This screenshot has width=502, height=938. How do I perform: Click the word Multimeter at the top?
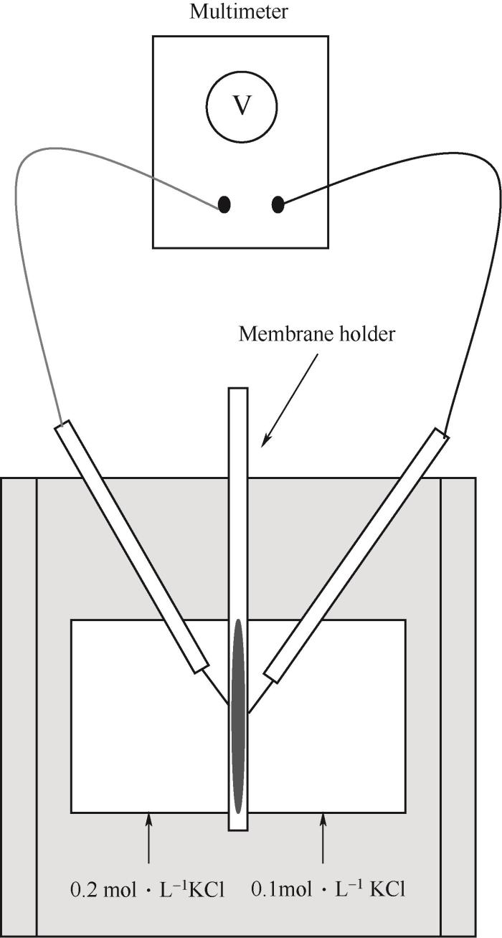(239, 11)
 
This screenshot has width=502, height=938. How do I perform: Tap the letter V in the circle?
(242, 105)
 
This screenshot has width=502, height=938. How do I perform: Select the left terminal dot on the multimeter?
(224, 204)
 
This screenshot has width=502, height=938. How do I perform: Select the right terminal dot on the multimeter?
(278, 205)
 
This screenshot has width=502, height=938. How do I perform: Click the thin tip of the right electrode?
(248, 712)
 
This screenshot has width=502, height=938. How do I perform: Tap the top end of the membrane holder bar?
(238, 388)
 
